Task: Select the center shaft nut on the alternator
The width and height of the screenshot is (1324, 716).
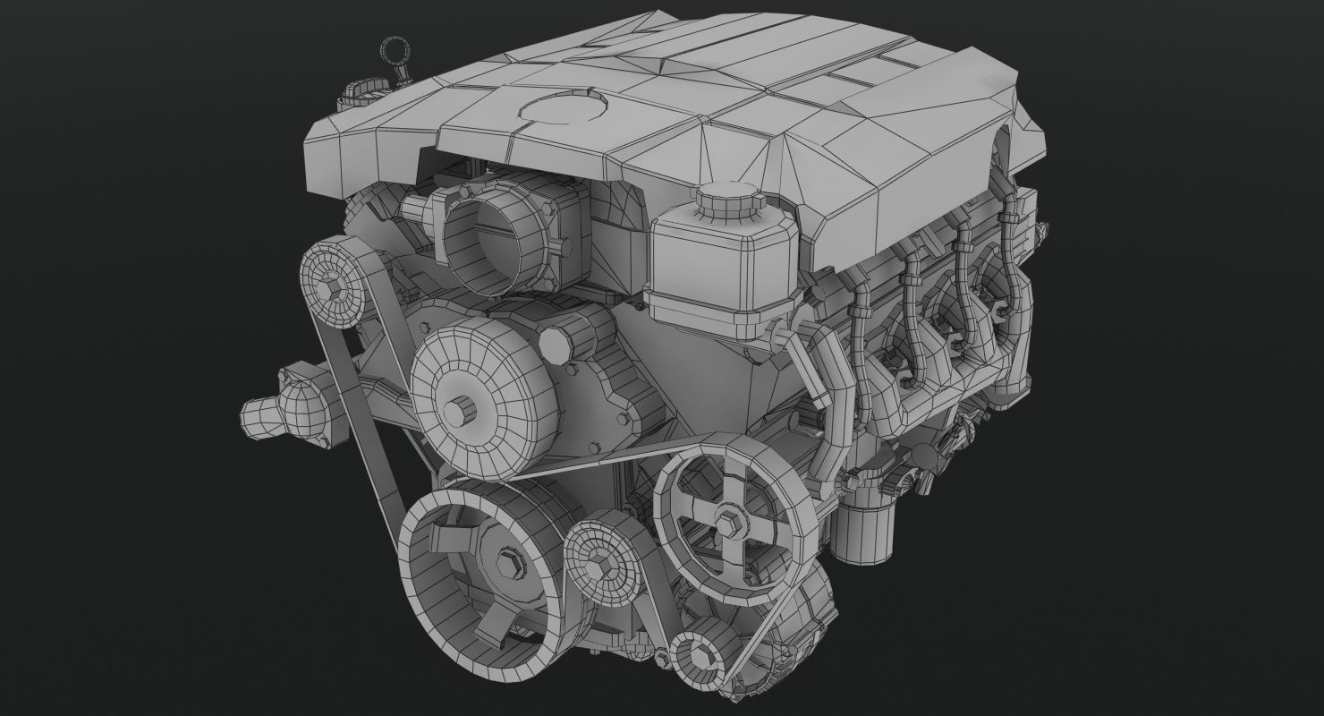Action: (464, 410)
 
